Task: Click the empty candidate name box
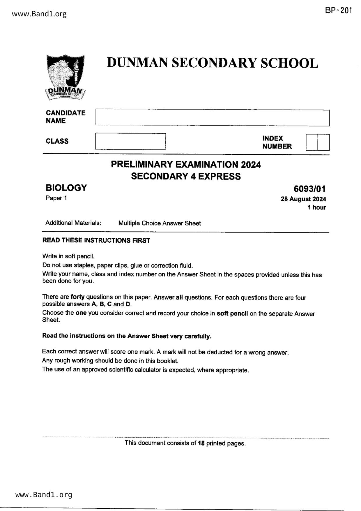(x=212, y=118)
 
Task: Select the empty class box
(x=130, y=142)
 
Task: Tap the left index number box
(x=312, y=142)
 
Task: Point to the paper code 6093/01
(x=309, y=189)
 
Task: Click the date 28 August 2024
(x=303, y=199)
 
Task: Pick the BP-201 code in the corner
(x=338, y=11)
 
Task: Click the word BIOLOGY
(x=66, y=188)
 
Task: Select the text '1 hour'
(x=317, y=207)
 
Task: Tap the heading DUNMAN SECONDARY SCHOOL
(x=213, y=63)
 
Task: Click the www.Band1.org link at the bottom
(x=44, y=495)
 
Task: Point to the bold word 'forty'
(x=77, y=297)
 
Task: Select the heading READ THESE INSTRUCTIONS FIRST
(x=96, y=240)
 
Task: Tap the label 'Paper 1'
(x=56, y=198)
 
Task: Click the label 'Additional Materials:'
(x=73, y=223)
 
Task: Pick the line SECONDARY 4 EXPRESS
(x=186, y=177)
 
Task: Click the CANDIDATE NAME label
(x=66, y=117)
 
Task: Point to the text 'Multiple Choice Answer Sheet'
(x=160, y=223)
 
